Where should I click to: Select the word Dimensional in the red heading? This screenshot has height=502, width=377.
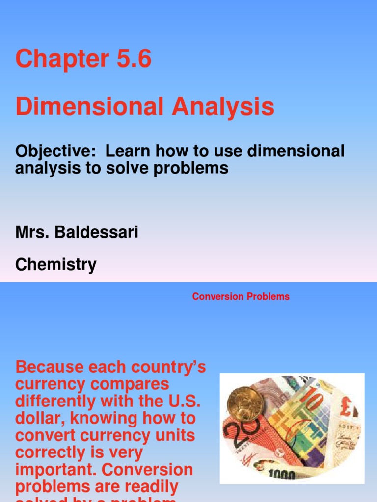click(89, 107)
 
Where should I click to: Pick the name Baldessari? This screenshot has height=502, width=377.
click(98, 232)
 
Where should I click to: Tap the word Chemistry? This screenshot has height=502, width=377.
click(55, 265)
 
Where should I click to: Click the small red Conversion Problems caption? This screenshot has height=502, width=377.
click(241, 297)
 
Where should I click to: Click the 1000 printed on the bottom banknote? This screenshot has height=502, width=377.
click(282, 475)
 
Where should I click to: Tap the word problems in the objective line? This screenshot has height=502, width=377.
click(193, 168)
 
